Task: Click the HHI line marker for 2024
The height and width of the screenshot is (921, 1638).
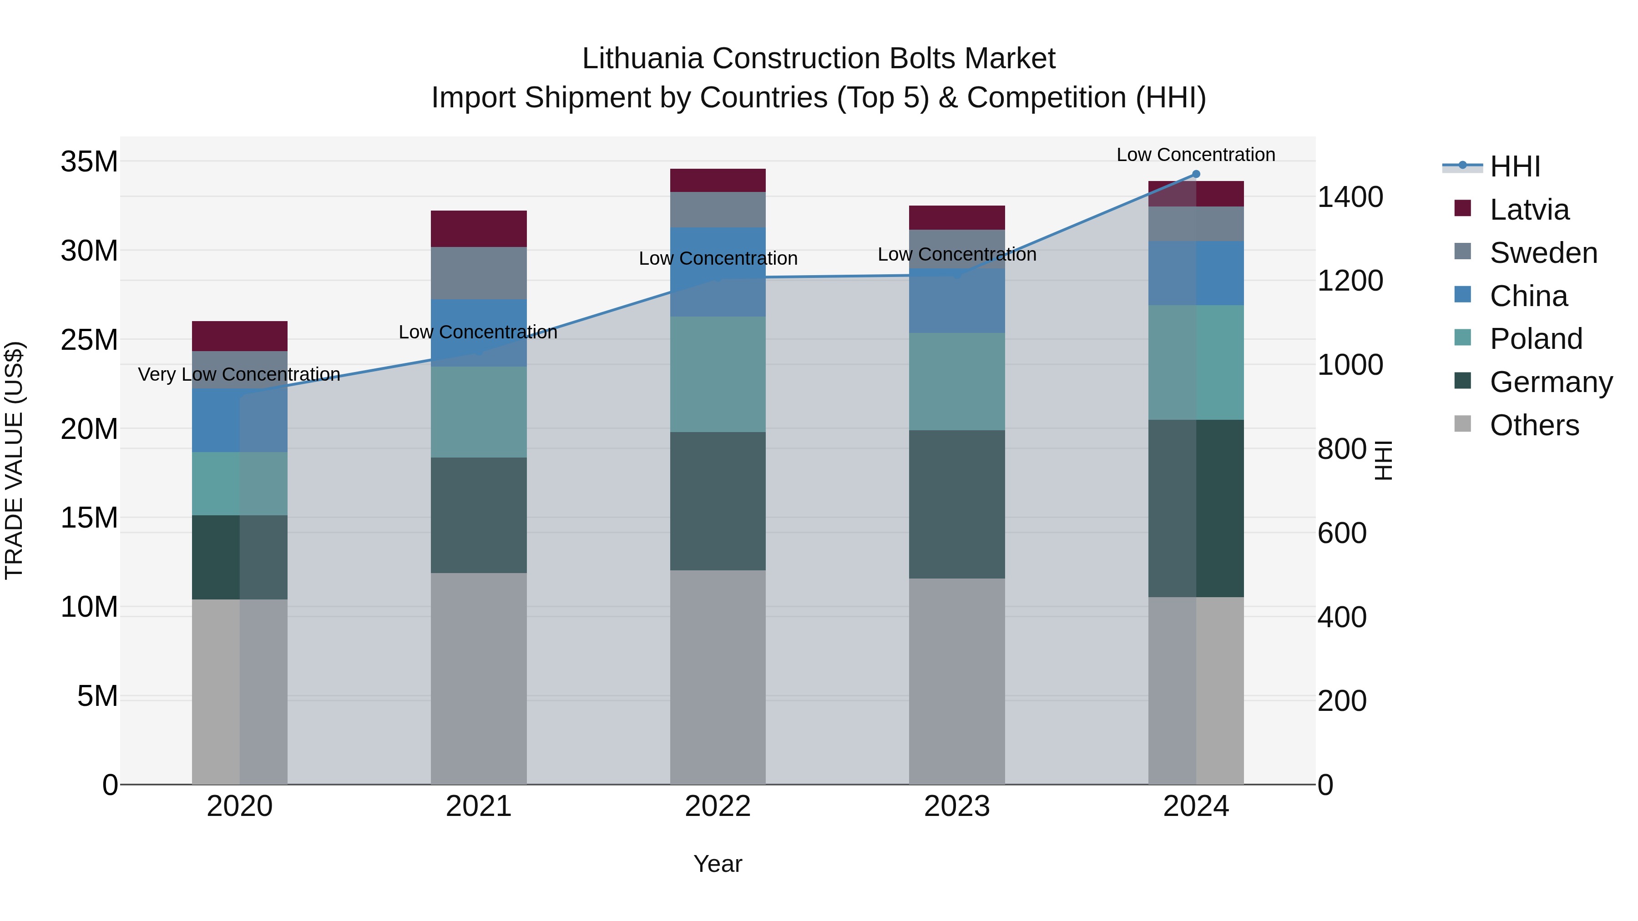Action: (x=1195, y=174)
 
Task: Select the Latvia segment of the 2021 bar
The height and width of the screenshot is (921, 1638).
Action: (x=478, y=229)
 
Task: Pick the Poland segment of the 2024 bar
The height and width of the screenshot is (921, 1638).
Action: (x=1195, y=362)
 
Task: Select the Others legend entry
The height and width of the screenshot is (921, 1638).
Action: (x=1534, y=425)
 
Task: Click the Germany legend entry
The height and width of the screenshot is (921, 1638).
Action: (x=1550, y=382)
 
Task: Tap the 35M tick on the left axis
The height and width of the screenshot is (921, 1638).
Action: (x=89, y=161)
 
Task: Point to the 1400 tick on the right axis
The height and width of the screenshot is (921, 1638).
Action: (x=1350, y=197)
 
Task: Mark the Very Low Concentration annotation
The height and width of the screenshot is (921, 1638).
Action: (x=239, y=374)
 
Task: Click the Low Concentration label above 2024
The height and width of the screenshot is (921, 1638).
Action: (x=1195, y=155)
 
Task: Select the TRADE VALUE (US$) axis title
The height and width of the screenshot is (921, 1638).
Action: (x=14, y=460)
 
